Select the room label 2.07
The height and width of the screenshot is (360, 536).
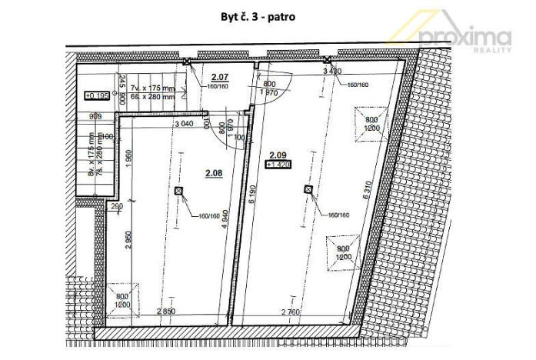(220, 76)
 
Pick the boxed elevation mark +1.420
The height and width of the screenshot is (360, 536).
(278, 164)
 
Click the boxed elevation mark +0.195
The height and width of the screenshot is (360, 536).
(95, 96)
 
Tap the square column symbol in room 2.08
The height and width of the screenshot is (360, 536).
(178, 190)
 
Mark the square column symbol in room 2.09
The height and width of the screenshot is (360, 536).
(308, 189)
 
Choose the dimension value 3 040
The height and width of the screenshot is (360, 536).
(183, 123)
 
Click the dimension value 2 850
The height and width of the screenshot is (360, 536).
(162, 311)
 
